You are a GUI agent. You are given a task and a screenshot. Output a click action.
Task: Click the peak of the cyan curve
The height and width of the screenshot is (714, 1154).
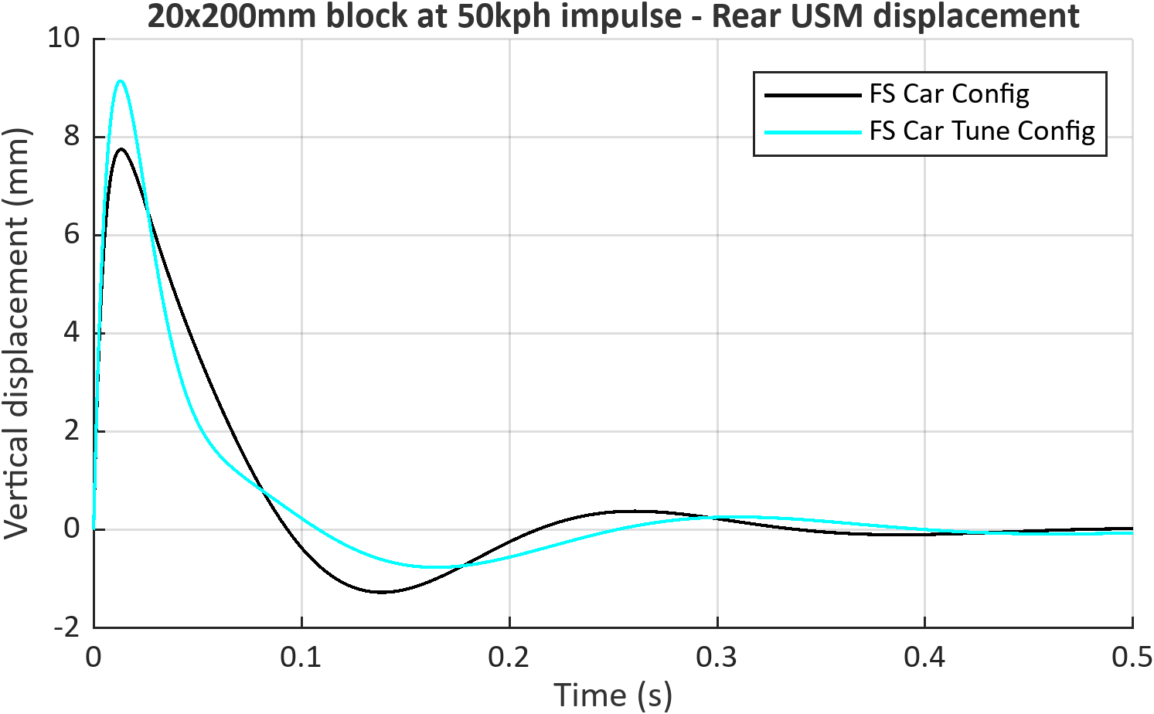[121, 81]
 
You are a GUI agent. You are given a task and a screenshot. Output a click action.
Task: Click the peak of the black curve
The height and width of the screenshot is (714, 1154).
[121, 149]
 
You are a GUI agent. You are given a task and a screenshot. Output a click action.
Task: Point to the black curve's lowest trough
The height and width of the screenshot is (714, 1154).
[383, 592]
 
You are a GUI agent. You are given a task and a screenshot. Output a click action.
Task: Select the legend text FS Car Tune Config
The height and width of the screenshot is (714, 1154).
[982, 132]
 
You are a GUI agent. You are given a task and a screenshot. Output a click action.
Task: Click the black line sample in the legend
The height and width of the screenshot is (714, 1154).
[813, 95]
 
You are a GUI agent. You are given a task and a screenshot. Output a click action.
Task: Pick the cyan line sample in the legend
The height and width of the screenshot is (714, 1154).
[813, 132]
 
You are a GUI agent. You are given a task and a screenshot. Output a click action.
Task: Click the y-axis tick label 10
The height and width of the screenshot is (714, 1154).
[64, 38]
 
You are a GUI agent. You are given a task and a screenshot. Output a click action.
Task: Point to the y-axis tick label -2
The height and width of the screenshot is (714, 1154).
[67, 628]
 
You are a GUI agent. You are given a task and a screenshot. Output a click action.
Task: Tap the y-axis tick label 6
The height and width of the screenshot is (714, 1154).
[72, 235]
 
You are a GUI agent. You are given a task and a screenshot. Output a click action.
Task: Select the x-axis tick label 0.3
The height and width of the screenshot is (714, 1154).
[717, 658]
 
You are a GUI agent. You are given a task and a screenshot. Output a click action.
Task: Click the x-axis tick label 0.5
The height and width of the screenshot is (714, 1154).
[1132, 658]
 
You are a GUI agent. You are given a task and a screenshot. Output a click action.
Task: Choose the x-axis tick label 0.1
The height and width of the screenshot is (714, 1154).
[301, 658]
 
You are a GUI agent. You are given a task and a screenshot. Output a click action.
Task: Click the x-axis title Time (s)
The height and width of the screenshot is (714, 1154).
[613, 696]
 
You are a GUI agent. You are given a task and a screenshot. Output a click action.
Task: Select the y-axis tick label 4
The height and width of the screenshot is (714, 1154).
[72, 333]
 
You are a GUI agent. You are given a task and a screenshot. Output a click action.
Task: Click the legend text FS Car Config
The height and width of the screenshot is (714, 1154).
[949, 95]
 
